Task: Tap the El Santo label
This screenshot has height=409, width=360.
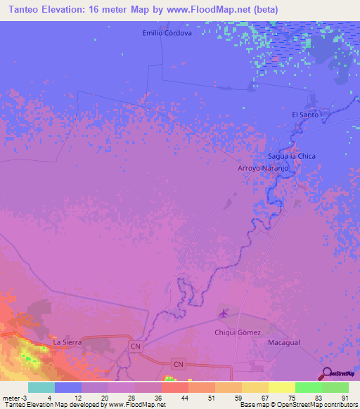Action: tap(305, 114)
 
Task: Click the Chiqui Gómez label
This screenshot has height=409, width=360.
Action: tap(238, 332)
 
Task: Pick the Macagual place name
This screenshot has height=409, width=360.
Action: tap(284, 342)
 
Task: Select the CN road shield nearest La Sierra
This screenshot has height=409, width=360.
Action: tap(136, 346)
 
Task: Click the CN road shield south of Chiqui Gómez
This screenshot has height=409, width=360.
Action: tap(179, 363)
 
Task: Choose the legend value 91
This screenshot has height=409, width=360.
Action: tap(345, 398)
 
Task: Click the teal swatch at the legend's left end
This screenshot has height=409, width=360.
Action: tap(41, 387)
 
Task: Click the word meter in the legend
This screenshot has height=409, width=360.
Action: tap(9, 398)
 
